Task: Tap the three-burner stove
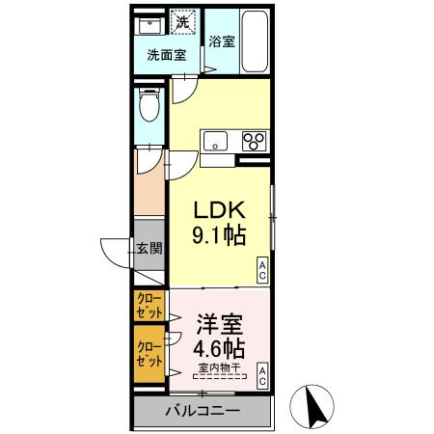coord(256,141)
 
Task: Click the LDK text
coord(223,211)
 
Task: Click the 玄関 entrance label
coord(149,249)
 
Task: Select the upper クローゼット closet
coord(149,307)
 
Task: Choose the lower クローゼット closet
coord(149,353)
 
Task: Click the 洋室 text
coord(220,324)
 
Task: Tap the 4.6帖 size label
coord(220,348)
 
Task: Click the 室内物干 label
coord(220,367)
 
